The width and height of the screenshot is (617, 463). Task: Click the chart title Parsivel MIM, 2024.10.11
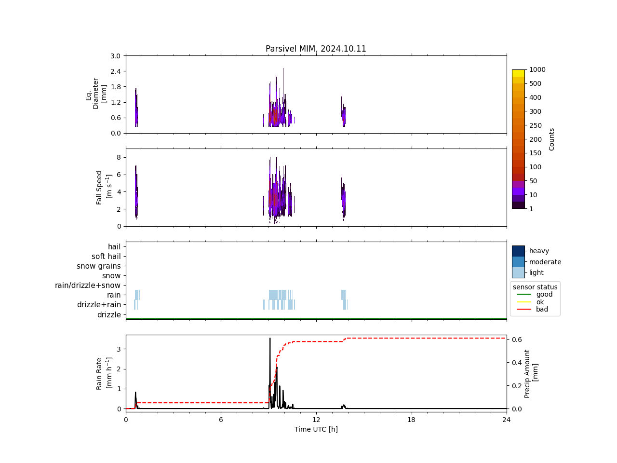(x=316, y=49)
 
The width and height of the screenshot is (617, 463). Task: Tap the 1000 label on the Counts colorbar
(x=537, y=70)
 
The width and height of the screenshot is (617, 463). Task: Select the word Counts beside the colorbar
(x=551, y=139)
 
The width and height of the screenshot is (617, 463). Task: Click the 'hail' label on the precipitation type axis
(x=114, y=247)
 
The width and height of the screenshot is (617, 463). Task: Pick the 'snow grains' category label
(x=99, y=266)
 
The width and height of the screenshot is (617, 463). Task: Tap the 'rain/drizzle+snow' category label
(x=88, y=286)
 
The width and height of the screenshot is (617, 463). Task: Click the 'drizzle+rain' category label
(x=99, y=305)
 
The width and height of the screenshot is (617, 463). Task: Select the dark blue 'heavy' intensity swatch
(x=518, y=251)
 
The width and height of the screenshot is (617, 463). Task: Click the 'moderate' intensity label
(x=545, y=262)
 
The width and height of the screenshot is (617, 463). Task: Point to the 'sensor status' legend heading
(x=535, y=287)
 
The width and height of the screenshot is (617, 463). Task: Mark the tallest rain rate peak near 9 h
(x=270, y=339)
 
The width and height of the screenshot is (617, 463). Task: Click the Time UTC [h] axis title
(x=316, y=429)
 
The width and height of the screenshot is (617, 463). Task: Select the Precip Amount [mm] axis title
(x=531, y=374)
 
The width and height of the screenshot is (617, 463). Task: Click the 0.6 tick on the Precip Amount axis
(x=517, y=340)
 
